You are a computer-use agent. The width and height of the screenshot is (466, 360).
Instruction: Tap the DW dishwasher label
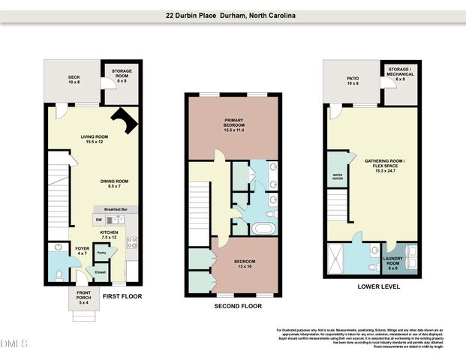[x=98, y=220]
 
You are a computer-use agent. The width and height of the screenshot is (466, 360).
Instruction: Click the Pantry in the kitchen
[x=101, y=254]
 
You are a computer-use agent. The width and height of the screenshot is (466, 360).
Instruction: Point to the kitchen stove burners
[x=131, y=241]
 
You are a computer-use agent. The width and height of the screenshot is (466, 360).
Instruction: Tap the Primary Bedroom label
[x=235, y=123]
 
